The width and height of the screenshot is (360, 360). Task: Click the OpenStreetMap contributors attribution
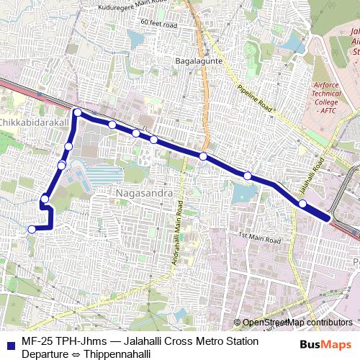[297, 323]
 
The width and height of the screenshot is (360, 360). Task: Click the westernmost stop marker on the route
[31, 229]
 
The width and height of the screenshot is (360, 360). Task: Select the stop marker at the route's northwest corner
[77, 112]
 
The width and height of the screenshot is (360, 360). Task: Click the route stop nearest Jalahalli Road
[302, 204]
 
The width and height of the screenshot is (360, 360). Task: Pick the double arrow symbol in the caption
[76, 354]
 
